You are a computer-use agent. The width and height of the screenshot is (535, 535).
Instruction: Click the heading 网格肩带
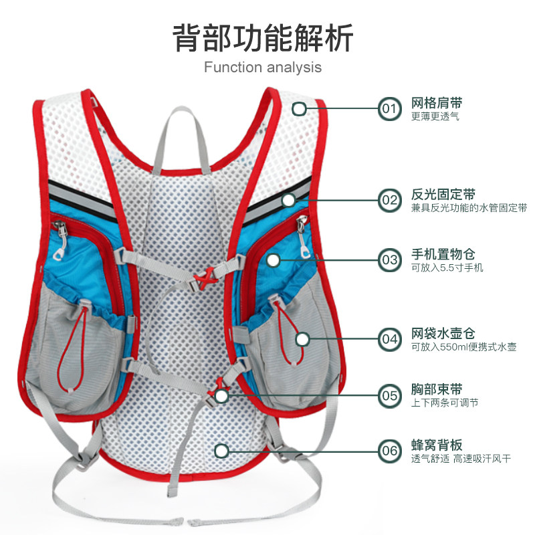click(x=437, y=103)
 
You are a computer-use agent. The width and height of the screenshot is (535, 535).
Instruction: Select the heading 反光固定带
click(x=443, y=195)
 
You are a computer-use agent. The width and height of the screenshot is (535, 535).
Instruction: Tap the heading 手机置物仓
click(x=443, y=255)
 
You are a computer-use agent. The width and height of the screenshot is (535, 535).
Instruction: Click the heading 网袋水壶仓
click(x=443, y=334)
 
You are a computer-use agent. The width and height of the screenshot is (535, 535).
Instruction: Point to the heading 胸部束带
click(x=437, y=390)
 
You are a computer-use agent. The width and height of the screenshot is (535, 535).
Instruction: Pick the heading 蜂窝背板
click(x=437, y=445)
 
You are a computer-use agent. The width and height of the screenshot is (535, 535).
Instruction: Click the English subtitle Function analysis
click(x=263, y=67)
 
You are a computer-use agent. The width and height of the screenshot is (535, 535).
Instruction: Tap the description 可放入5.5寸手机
click(x=447, y=269)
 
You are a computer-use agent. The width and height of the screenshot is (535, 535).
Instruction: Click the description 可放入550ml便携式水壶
click(x=464, y=348)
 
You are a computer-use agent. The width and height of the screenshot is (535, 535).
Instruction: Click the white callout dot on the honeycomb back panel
click(x=221, y=450)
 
